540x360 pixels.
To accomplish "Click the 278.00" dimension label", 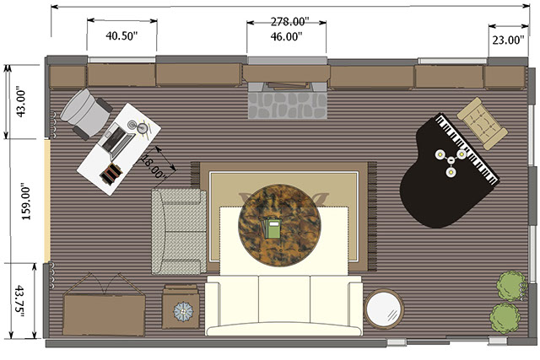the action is point(288,22).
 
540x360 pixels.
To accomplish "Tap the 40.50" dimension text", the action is point(121,35).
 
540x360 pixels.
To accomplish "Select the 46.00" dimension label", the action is point(286,36).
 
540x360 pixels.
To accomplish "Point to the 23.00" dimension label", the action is point(508,40).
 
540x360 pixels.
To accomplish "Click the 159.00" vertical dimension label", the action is point(26,204).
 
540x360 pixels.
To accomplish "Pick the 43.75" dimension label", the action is point(19,300).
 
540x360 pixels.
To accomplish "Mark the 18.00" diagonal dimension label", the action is point(154,167).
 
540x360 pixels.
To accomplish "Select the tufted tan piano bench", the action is point(482,123).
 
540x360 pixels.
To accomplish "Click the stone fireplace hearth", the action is point(287,105).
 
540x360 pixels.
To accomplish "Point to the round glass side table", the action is point(384,309).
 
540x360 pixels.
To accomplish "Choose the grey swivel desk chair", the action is point(86,113).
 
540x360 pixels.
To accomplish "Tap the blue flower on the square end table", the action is point(184,311).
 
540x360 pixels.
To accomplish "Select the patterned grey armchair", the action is point(179,231).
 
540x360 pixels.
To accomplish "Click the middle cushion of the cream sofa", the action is point(284,298).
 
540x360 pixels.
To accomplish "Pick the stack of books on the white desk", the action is point(111,175).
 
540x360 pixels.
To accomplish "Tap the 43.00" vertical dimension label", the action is point(20,104).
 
